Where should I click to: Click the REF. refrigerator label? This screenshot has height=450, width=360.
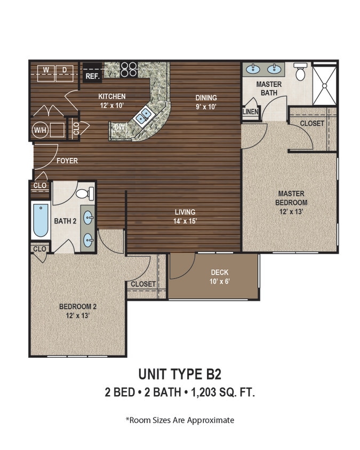92,76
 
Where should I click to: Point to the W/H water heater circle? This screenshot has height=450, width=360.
39,130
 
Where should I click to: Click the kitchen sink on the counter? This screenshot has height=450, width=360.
142,117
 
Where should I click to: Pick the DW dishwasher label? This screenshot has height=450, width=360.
119,127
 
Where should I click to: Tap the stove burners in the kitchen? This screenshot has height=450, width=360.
129,69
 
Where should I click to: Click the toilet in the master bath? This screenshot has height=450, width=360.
300,71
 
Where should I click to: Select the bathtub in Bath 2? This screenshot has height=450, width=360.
41,221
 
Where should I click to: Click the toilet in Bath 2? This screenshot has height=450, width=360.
85,193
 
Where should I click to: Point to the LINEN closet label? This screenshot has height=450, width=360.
250,112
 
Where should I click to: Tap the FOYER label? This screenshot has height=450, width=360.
67,160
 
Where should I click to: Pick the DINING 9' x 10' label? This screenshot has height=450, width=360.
206,101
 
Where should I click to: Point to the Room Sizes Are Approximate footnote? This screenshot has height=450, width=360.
180,420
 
